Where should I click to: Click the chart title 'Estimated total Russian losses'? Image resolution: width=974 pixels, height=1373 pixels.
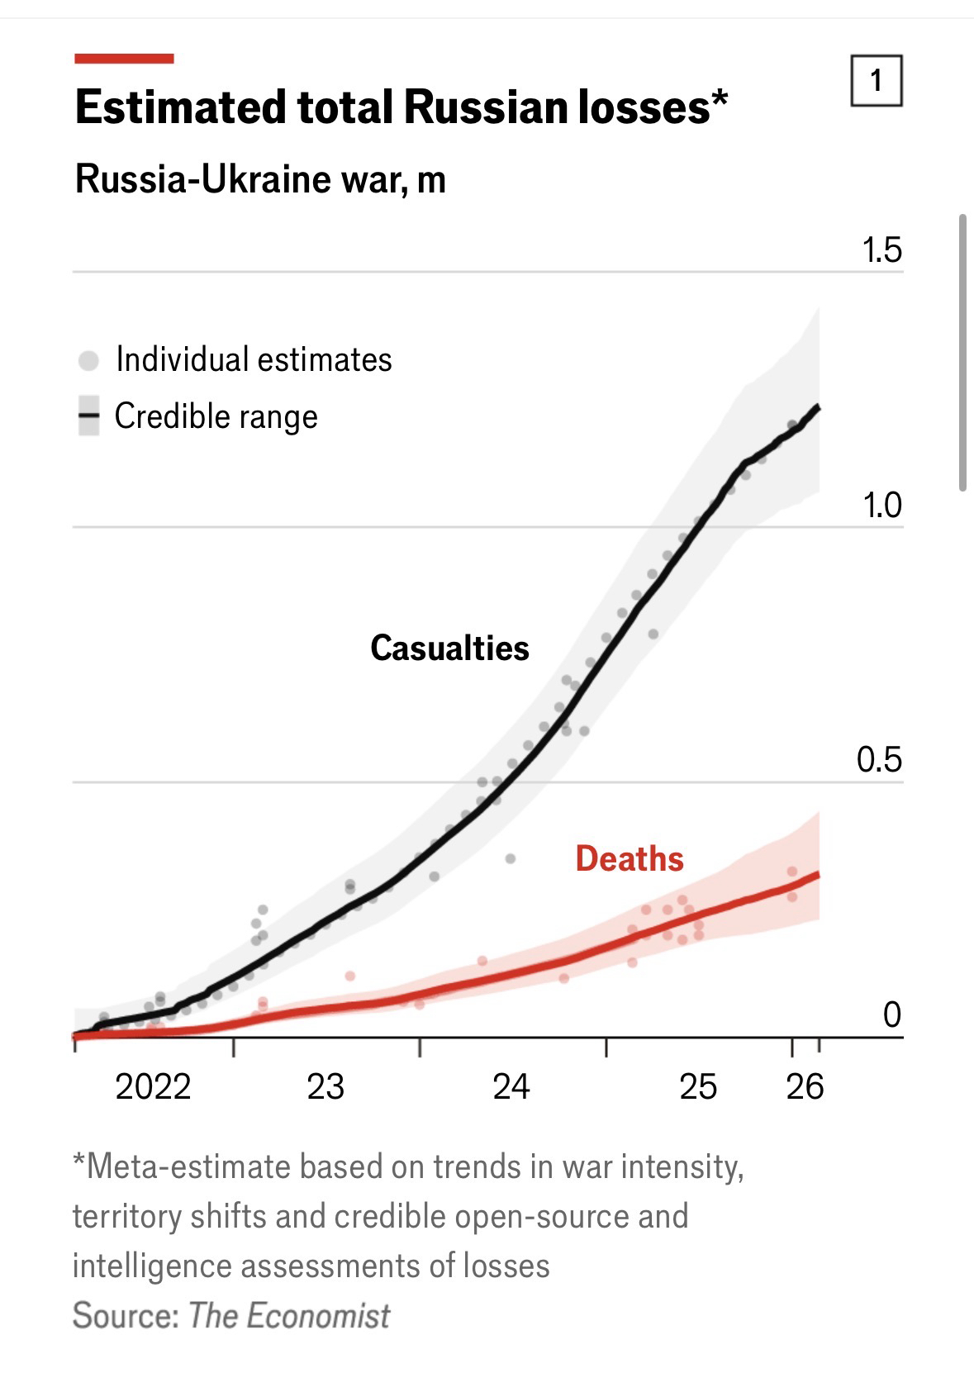tap(401, 108)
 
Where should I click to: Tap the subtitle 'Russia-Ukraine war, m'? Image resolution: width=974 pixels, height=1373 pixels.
tap(260, 179)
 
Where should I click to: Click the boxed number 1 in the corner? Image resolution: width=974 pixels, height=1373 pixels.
tap(876, 81)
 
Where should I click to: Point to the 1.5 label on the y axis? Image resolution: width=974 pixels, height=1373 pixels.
tap(881, 249)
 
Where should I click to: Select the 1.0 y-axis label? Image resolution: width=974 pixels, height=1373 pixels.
tap(881, 505)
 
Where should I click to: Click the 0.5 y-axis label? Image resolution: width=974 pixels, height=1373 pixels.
tap(879, 760)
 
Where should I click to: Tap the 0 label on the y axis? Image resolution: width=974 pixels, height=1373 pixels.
tap(891, 1014)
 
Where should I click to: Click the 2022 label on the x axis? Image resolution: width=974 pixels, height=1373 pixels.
tap(153, 1086)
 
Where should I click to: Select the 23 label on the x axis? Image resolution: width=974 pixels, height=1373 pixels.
tap(325, 1086)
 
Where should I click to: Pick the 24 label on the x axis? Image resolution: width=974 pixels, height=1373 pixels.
tap(511, 1086)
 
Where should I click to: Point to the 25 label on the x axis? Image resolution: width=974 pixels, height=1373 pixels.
tap(698, 1086)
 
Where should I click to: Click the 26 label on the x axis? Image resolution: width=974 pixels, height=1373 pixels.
tap(805, 1086)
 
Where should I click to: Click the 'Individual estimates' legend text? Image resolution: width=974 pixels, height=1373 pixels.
tap(254, 359)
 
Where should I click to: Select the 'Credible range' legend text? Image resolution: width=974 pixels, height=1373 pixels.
tap(216, 416)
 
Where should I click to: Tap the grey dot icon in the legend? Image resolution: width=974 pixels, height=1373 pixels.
tap(88, 360)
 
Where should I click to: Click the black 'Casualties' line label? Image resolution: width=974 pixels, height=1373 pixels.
tap(449, 648)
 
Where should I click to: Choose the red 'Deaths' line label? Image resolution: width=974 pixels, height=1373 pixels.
tap(630, 859)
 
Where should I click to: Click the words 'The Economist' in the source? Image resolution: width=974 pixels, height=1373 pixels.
tap(289, 1315)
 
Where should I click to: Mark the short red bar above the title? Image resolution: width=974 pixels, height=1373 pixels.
tap(124, 59)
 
